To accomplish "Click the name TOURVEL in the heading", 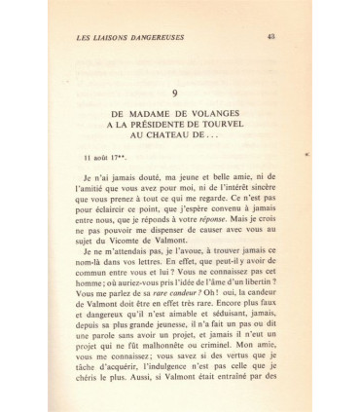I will point(247,127).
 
